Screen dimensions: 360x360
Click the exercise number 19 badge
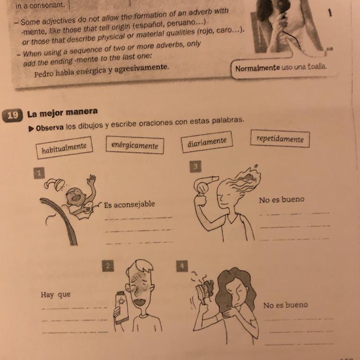[x=12, y=115]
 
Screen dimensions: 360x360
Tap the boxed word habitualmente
[x=64, y=148]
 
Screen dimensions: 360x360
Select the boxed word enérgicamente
[x=135, y=145]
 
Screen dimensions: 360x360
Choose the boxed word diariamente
[x=207, y=142]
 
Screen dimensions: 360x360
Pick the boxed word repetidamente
[x=280, y=139]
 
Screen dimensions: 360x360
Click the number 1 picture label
[x=39, y=173]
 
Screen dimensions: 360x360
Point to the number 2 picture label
[x=108, y=265]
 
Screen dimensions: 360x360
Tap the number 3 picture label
[x=195, y=167]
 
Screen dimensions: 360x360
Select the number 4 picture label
[x=182, y=266]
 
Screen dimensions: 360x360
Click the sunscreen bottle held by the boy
[x=122, y=308]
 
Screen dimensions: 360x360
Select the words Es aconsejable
[x=129, y=204]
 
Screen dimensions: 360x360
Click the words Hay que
[x=56, y=295]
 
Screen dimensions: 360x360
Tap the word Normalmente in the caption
[x=257, y=68]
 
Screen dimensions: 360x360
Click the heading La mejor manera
[x=62, y=113]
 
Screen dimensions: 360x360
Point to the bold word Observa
[x=50, y=128]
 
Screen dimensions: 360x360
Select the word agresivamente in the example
[x=142, y=68]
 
